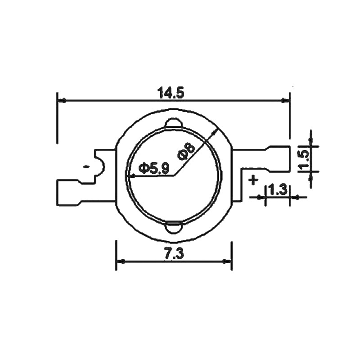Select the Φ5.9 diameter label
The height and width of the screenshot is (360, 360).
point(154,168)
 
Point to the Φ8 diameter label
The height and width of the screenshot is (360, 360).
point(186,151)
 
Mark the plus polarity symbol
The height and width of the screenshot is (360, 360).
point(253,180)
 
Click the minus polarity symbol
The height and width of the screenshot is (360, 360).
point(85,167)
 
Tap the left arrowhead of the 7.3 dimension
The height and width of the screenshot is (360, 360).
point(120,261)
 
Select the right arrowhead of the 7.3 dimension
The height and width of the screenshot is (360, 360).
point(228,261)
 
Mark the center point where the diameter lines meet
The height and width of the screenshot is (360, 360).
point(175,175)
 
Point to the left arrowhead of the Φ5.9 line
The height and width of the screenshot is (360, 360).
point(130,175)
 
